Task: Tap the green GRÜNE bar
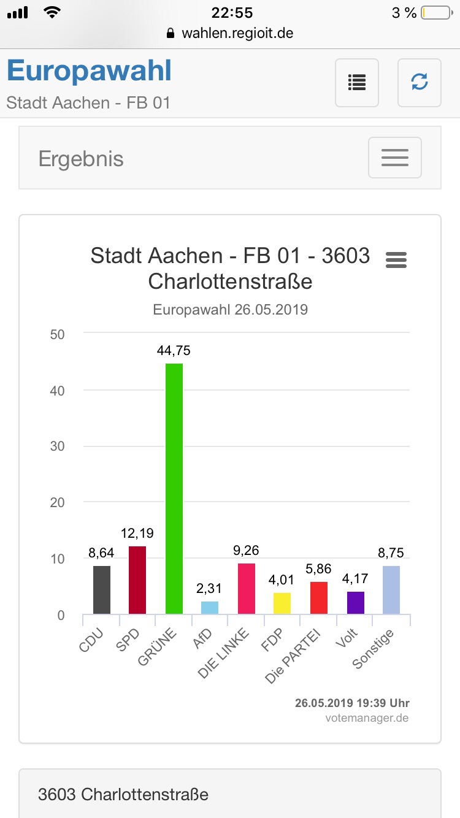[x=174, y=488]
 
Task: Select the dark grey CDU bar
[x=102, y=589]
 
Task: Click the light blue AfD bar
[x=210, y=607]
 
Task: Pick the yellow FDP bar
[x=282, y=603]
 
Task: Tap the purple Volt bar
[x=355, y=602]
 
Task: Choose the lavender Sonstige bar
[x=391, y=589]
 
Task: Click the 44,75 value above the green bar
[x=174, y=351]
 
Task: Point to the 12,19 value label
[x=137, y=533]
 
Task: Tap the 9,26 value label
[x=246, y=550]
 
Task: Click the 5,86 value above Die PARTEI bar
[x=318, y=569]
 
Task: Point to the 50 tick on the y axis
[x=57, y=334]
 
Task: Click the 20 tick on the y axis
[x=57, y=502]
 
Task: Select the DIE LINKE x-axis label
[x=224, y=652]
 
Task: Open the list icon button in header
[x=357, y=82]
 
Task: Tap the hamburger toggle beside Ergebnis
[x=394, y=158]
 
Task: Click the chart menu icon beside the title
[x=396, y=260]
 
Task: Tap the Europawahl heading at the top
[x=90, y=71]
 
